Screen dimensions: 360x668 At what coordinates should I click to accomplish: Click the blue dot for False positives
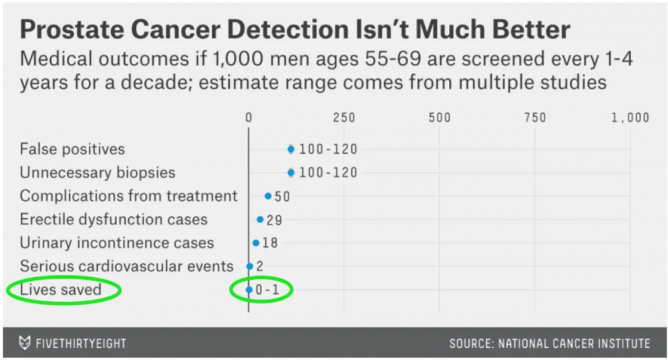tap(291, 149)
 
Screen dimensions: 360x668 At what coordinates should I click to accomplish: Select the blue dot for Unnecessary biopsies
tap(291, 172)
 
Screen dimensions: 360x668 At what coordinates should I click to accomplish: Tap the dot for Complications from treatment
tap(268, 196)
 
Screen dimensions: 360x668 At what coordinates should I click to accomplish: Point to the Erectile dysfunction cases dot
tap(260, 219)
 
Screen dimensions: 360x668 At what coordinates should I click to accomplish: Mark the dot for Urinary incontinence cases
tap(256, 243)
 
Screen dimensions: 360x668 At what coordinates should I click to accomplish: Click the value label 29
tap(274, 220)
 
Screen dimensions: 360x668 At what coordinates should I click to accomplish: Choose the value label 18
tap(270, 243)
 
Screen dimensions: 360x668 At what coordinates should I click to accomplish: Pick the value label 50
tap(282, 196)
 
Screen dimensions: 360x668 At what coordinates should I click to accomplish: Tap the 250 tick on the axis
tap(344, 118)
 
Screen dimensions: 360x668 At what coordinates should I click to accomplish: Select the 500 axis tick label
tap(440, 118)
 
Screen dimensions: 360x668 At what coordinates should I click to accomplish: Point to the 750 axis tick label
tap(535, 118)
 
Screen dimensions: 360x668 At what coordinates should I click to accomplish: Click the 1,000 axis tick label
tap(630, 118)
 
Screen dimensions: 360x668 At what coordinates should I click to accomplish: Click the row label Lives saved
tap(60, 289)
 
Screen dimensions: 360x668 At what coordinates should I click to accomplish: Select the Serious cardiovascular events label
tap(126, 266)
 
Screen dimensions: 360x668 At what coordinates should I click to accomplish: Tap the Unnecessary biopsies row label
tap(98, 172)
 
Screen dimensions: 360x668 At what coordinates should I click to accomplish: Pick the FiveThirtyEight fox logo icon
tap(25, 343)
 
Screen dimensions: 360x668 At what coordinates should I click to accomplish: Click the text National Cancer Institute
tap(582, 343)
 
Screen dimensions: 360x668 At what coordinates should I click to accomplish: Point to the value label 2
tap(260, 266)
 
